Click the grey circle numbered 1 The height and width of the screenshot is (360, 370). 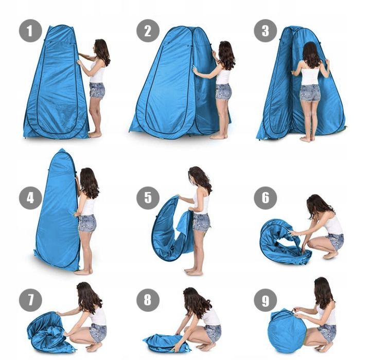tap(30, 31)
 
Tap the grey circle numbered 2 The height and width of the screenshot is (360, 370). tap(148, 31)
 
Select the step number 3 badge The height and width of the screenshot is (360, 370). tap(265, 31)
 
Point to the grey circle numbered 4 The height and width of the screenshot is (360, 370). tap(30, 197)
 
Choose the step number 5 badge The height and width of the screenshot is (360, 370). tap(148, 197)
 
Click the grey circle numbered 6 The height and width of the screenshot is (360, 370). tap(265, 197)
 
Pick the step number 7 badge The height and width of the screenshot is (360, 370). tap(30, 300)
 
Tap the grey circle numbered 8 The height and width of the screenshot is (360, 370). tap(148, 300)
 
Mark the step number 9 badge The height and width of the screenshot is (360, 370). tap(265, 300)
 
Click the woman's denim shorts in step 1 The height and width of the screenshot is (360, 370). tap(97, 91)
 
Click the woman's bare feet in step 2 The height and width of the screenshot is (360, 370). tap(219, 136)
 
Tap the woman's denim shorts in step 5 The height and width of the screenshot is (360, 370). tap(201, 222)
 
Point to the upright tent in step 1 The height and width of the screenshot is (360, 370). tap(57, 82)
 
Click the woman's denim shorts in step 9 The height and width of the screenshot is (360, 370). tap(327, 332)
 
